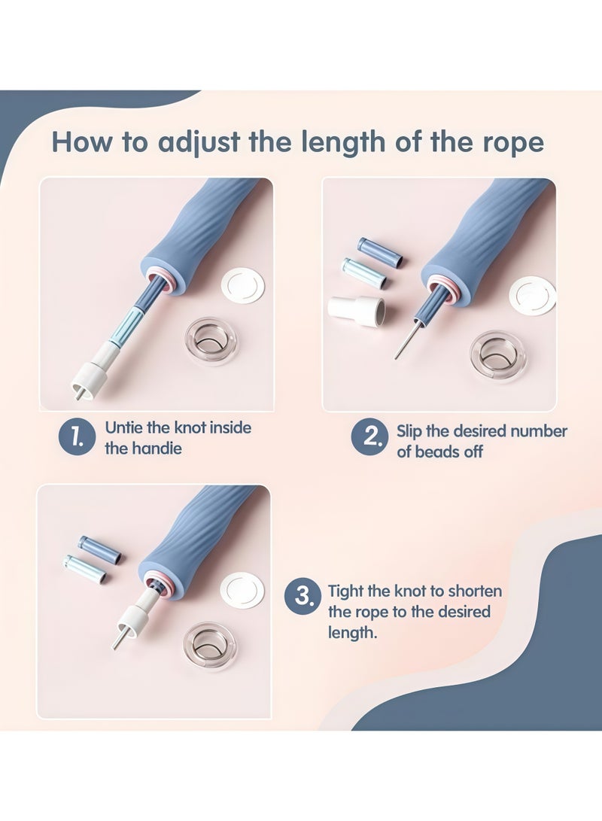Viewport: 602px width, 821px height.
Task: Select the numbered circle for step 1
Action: click(x=77, y=436)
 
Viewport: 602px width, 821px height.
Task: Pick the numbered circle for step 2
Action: click(x=369, y=436)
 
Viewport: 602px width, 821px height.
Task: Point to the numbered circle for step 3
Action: click(x=303, y=597)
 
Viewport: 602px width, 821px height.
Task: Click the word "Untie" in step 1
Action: click(x=124, y=427)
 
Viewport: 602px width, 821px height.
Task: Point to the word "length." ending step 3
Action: click(x=352, y=633)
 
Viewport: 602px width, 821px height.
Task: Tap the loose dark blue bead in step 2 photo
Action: click(x=380, y=251)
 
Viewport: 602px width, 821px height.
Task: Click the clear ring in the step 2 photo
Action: click(x=497, y=356)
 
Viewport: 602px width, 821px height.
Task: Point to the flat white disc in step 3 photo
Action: click(x=242, y=590)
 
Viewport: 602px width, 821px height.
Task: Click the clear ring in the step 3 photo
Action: click(x=209, y=646)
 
